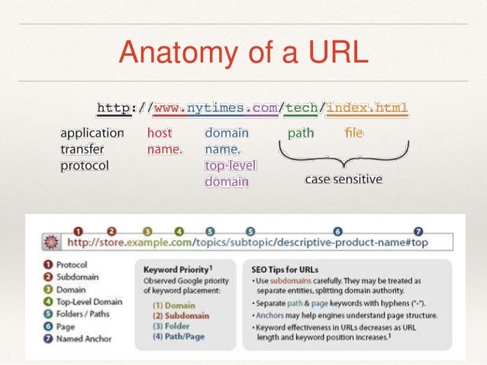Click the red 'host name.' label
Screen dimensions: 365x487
(165, 141)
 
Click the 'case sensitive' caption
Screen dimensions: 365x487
(343, 180)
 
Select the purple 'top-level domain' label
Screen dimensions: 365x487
(231, 174)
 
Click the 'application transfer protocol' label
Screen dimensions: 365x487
(92, 149)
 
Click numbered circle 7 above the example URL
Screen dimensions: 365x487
(418, 230)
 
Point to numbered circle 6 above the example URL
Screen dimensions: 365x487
(337, 230)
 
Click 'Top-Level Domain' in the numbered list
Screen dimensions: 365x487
(89, 302)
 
